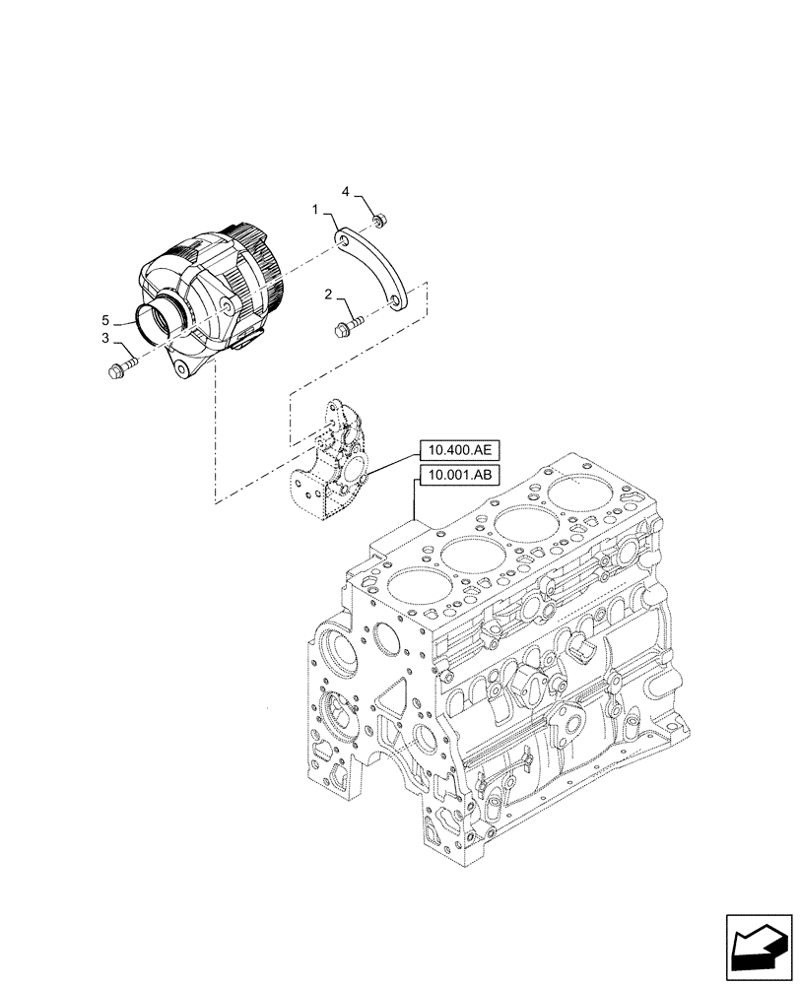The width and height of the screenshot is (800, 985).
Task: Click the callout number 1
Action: pos(315,210)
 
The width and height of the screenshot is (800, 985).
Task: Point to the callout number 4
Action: pos(373,189)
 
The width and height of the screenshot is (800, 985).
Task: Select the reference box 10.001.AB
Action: pos(459,477)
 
